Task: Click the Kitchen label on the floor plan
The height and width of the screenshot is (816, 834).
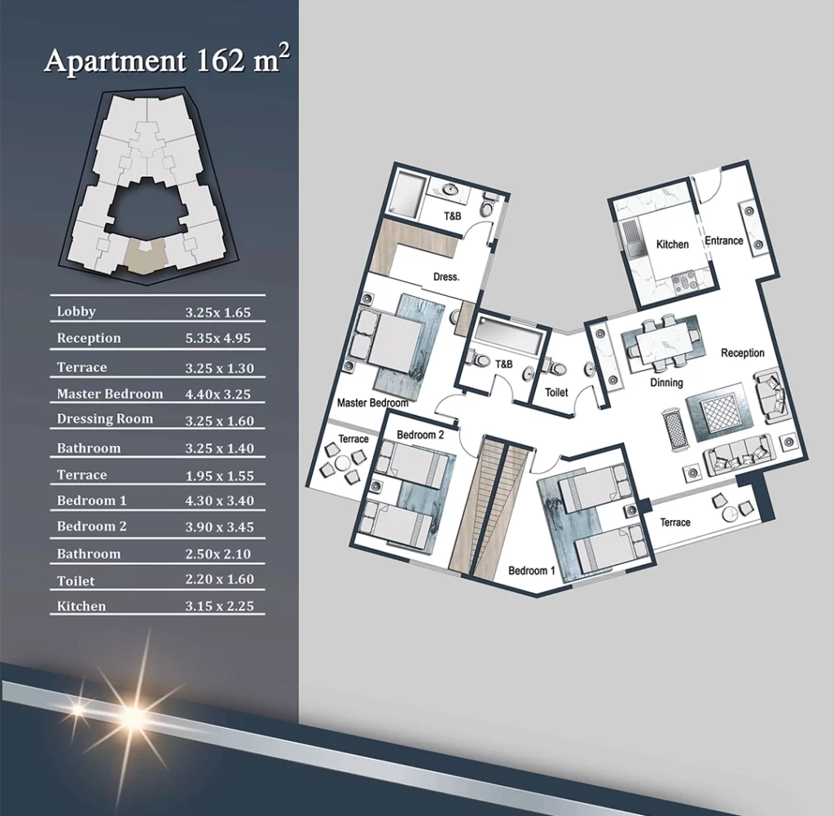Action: coord(672,245)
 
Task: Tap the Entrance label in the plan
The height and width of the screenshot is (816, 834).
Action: coord(724,240)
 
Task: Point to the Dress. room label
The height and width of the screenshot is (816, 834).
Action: coord(446,277)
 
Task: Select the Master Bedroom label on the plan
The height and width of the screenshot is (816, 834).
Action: coord(372,403)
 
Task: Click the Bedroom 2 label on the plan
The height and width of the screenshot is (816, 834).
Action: coord(420,434)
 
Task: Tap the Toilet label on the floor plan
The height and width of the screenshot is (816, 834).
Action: coord(556,392)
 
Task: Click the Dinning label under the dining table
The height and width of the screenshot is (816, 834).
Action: coord(666,382)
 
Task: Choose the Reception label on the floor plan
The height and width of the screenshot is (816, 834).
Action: coord(743,353)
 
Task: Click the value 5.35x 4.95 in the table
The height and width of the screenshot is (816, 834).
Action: coord(218,338)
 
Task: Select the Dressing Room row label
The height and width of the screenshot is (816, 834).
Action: coord(105,419)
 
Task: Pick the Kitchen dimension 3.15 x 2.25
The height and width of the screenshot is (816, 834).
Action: coord(220,606)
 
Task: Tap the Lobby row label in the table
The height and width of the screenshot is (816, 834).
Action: coord(76,311)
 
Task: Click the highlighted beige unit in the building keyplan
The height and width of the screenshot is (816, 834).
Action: coord(146,256)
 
